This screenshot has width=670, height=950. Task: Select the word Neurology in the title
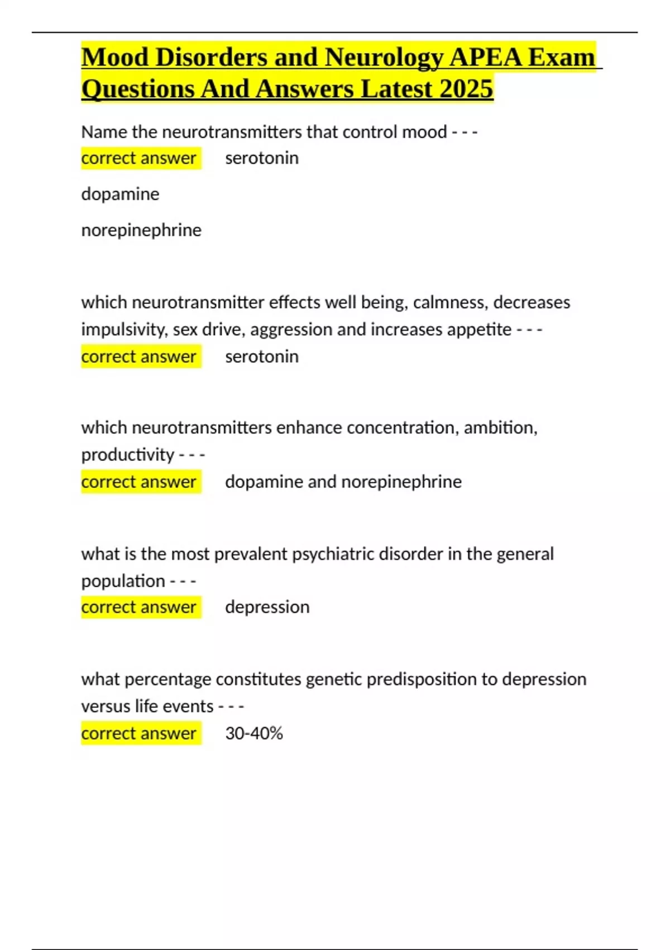coord(384,57)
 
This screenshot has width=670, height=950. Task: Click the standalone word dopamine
coord(120,194)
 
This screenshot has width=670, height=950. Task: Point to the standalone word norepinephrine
coord(141,230)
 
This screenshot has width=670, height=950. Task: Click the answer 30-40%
coord(254,733)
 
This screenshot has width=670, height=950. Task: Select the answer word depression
coord(267,607)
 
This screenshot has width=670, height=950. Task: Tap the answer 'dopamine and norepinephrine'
coord(343,482)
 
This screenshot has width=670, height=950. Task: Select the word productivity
coord(128,455)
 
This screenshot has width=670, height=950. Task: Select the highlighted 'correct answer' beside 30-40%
coord(138,733)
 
